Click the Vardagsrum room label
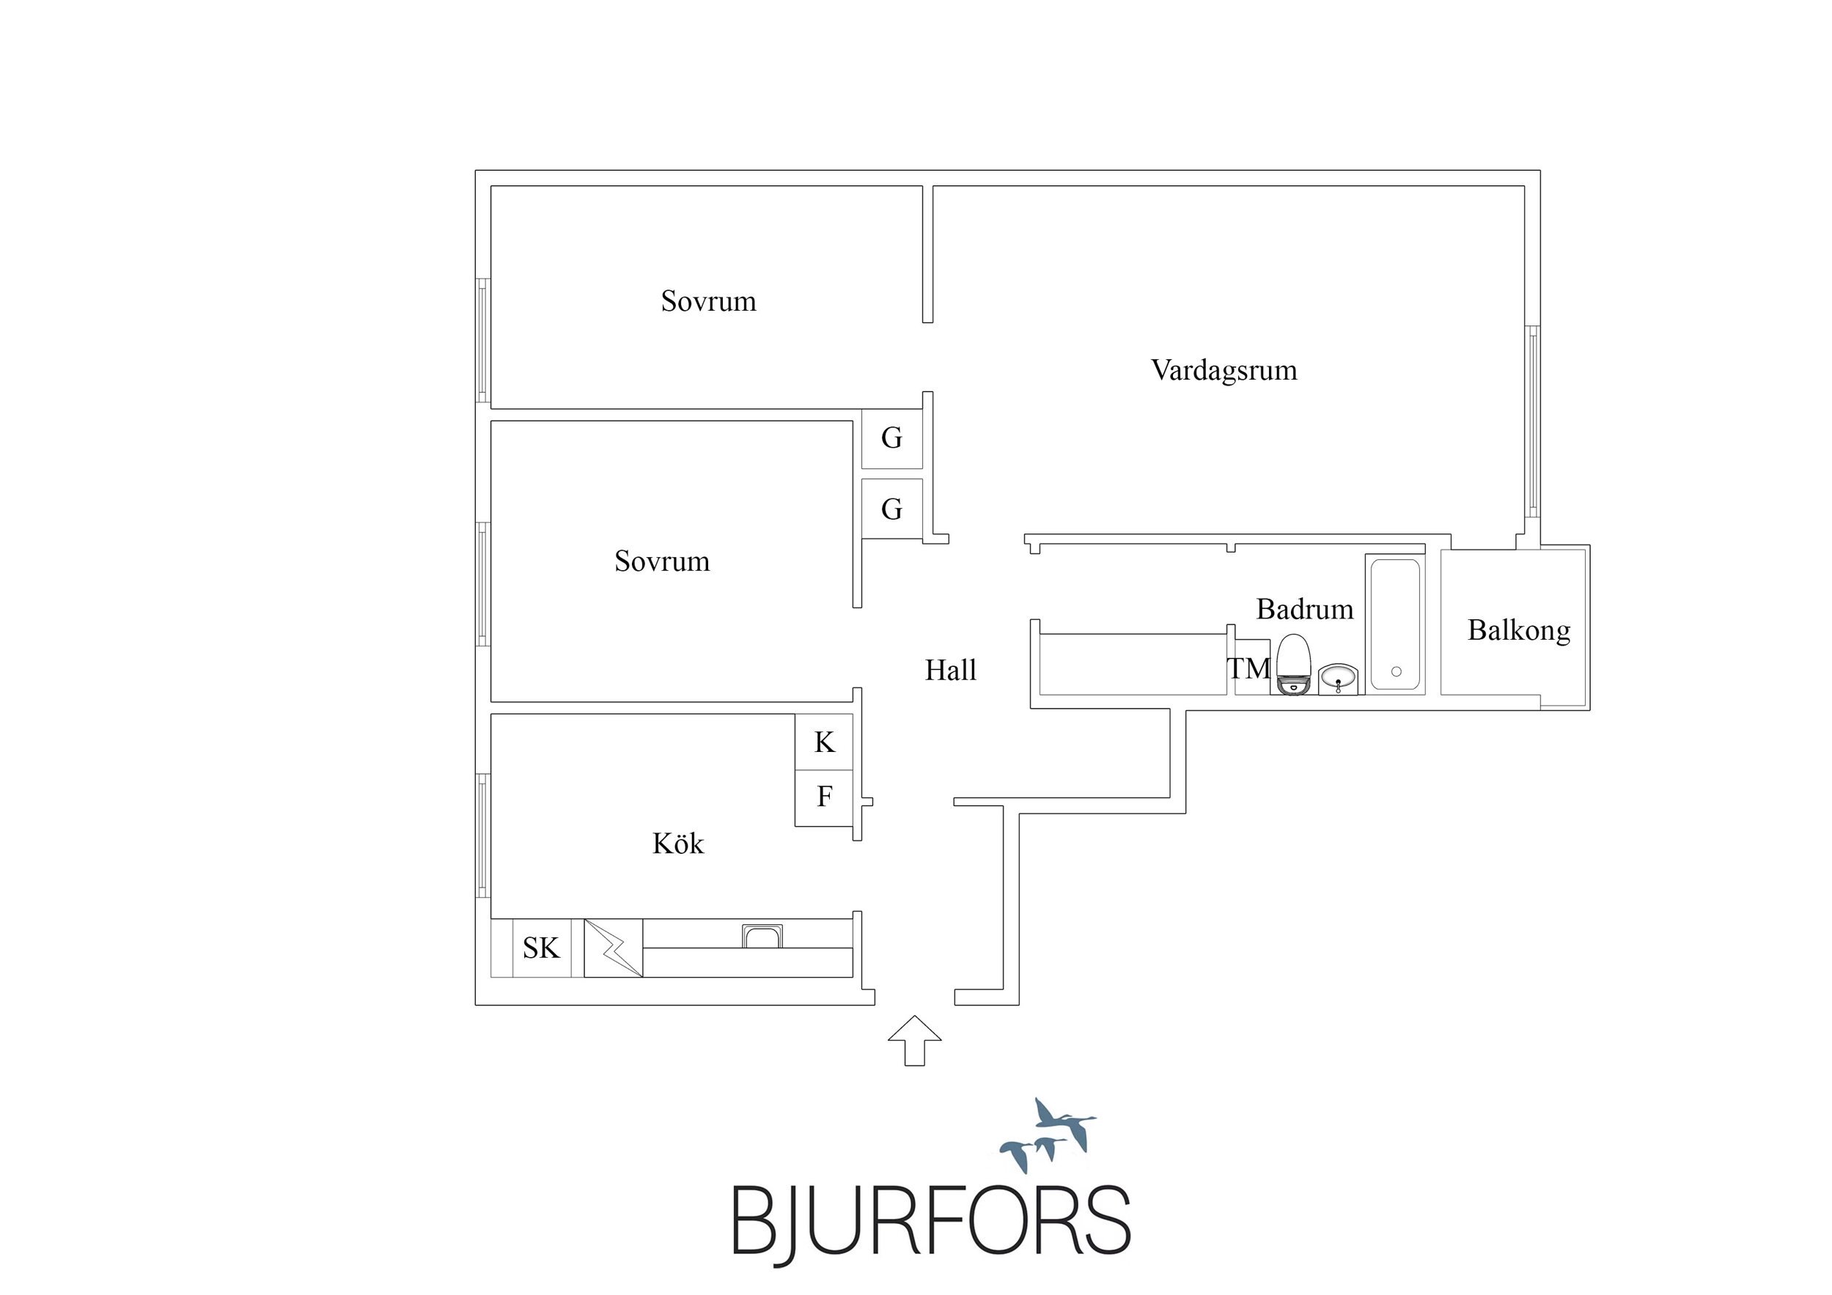coord(1224,370)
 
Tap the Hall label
coord(950,671)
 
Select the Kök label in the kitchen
coord(678,844)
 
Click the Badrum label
coord(1305,610)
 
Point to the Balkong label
coord(1519,631)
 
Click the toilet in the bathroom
coord(1293,665)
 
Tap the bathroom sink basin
coord(1338,679)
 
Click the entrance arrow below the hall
coord(914,1041)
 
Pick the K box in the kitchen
coord(824,742)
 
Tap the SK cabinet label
coord(541,948)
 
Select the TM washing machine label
coord(1248,668)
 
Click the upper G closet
coord(892,438)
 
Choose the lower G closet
coord(892,509)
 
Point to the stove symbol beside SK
coord(614,948)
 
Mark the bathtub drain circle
coord(1397,672)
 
